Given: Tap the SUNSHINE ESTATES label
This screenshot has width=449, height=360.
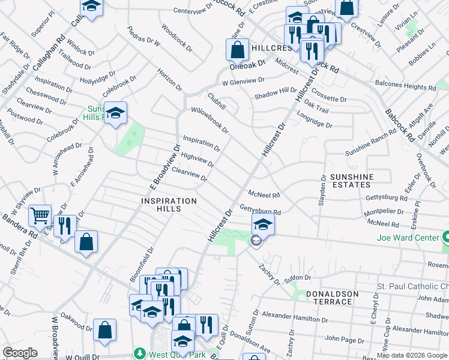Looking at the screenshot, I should tap(351, 181).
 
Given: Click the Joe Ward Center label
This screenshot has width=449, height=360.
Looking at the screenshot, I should tap(408, 238).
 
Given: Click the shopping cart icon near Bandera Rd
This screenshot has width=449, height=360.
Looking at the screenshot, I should tap(40, 214).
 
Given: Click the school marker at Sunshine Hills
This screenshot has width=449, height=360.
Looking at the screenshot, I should tap(115, 112).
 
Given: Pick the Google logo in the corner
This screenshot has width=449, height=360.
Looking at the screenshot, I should tap(19, 353).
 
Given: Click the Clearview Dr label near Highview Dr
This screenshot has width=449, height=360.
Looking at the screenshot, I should tap(189, 175).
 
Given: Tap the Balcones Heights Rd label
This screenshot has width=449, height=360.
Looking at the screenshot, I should tap(410, 86).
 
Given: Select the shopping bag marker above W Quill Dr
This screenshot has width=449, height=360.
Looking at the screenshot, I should tap(104, 330).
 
